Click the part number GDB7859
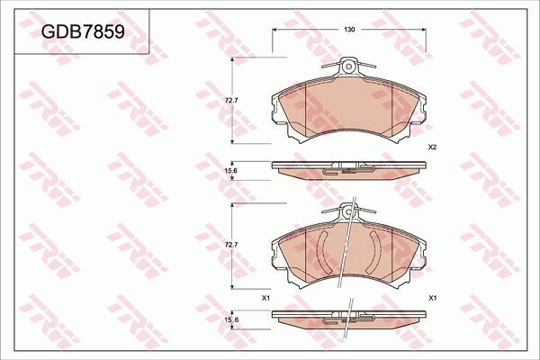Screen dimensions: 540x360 click(x=83, y=32)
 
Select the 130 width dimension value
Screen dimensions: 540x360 click(x=349, y=30)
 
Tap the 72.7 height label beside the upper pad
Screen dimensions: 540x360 click(x=231, y=101)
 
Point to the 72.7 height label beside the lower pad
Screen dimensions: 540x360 click(x=231, y=245)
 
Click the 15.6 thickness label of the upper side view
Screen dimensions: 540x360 click(x=231, y=170)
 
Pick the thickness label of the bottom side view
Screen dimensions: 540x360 click(x=231, y=320)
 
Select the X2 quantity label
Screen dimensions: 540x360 click(x=432, y=147)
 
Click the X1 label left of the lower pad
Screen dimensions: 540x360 click(x=265, y=298)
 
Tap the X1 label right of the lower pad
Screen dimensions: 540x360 click(x=433, y=298)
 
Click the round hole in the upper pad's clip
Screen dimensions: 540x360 click(x=348, y=66)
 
